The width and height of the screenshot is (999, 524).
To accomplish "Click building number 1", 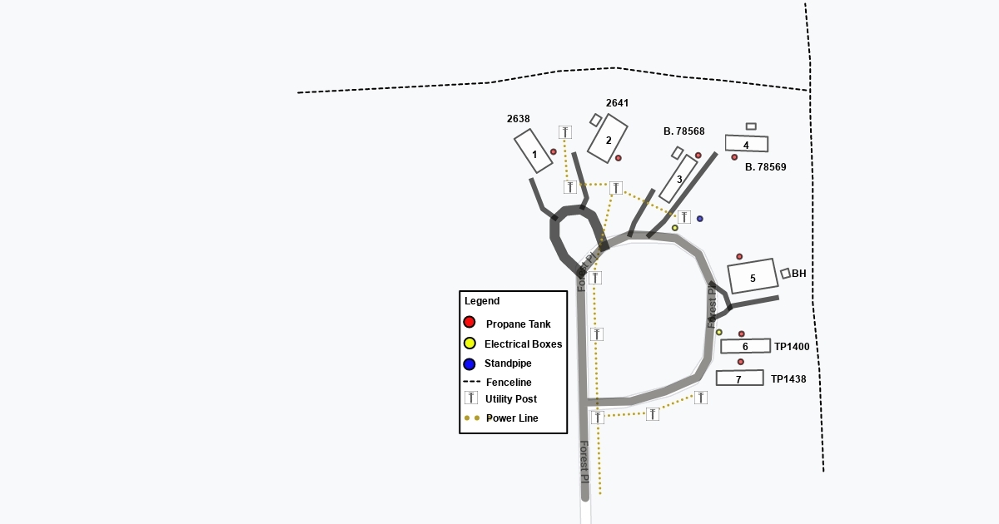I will tap(534, 151).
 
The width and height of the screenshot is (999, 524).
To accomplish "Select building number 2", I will tap(608, 139).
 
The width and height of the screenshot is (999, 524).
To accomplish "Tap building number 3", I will tap(678, 179).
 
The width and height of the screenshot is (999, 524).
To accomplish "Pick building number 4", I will tap(747, 144).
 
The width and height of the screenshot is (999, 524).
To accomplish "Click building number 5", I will tap(753, 276).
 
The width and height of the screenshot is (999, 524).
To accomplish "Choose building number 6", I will tap(745, 346).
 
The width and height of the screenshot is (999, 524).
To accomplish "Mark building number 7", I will tap(739, 378).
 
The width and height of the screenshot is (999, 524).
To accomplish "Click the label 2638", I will tap(518, 119).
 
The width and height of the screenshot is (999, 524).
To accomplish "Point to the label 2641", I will tap(617, 103).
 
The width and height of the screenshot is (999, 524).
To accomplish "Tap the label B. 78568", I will tap(683, 131).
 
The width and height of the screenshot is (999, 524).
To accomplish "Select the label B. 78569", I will tap(765, 167).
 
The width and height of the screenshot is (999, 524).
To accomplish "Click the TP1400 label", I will tap(792, 347).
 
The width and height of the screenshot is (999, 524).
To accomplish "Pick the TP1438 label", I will tap(788, 379).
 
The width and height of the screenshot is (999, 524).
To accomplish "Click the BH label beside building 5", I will tap(798, 274).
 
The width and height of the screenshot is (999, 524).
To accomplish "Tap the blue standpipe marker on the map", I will tap(699, 219).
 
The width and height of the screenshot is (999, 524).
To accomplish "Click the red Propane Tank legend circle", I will tap(470, 323).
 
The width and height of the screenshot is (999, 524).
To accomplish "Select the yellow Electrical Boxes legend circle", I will tap(470, 344).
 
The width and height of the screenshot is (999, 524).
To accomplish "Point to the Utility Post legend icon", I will tap(470, 398).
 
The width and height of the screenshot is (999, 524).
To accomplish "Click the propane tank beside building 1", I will tap(553, 152).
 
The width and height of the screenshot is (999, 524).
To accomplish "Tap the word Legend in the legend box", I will tap(482, 301).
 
